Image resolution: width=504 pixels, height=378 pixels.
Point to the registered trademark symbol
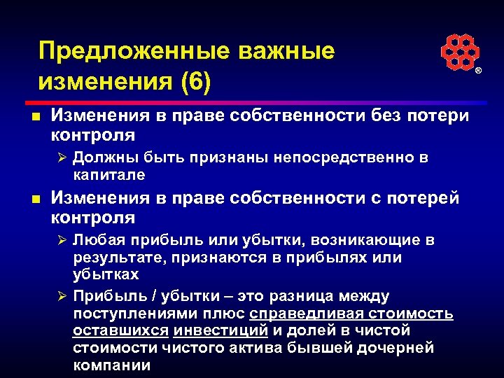[479, 72]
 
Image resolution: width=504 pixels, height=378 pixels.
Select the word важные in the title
[286, 51]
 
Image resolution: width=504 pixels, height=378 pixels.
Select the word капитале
[108, 174]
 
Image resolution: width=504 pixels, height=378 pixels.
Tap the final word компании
[111, 365]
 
